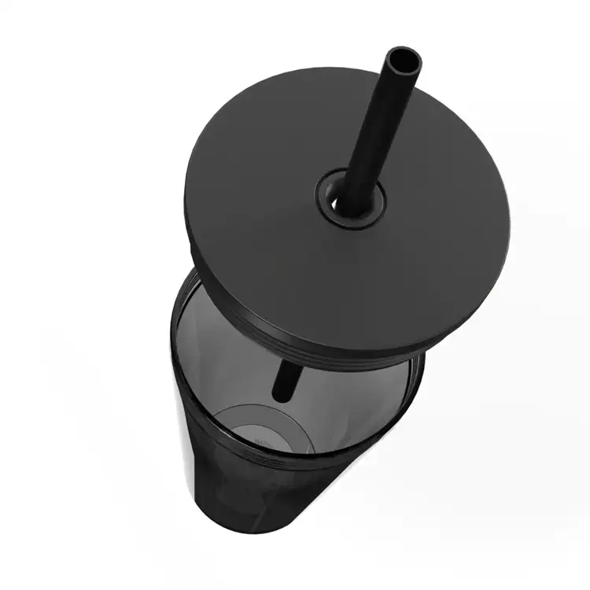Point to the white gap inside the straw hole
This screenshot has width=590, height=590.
pos(340,204)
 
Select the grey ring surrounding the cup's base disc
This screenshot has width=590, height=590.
pos(228,421)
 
